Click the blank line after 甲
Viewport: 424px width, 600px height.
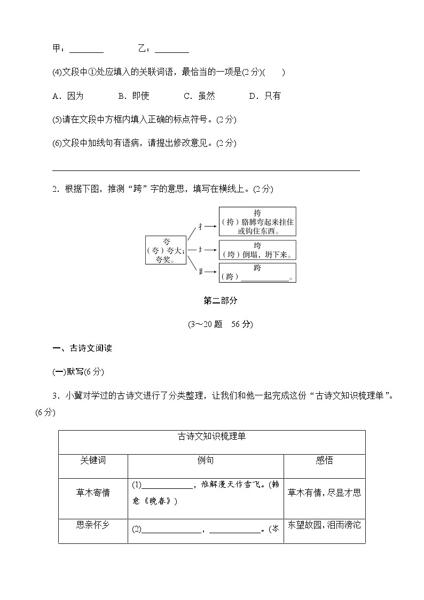(x=87, y=51)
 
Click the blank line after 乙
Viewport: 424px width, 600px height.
(x=171, y=51)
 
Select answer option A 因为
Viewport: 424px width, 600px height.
(x=68, y=96)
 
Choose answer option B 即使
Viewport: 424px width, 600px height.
(x=134, y=96)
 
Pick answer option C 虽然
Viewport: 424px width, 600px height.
(x=199, y=96)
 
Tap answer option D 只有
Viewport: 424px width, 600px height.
(x=265, y=96)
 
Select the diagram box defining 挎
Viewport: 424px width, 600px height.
(x=257, y=222)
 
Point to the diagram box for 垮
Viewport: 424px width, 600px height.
(x=257, y=250)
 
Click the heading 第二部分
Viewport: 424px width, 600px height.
(x=221, y=300)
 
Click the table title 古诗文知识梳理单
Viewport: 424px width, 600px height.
(x=212, y=437)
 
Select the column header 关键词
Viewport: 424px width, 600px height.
(x=93, y=461)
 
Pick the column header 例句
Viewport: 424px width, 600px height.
(x=206, y=461)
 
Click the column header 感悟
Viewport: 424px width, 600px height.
(x=325, y=461)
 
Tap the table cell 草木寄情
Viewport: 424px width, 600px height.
(x=93, y=493)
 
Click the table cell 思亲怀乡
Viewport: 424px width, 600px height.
(x=93, y=525)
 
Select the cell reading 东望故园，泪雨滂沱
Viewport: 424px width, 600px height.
(x=325, y=525)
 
